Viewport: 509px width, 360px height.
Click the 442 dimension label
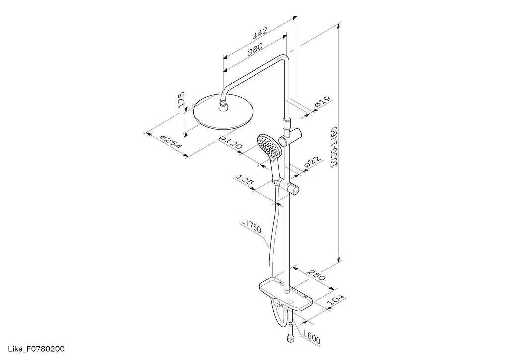(x=260, y=33)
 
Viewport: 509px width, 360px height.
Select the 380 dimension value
(x=255, y=50)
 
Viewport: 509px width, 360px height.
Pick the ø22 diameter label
(x=312, y=162)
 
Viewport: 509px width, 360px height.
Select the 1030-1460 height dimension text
(x=334, y=147)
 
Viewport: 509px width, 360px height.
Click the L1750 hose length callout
(x=251, y=225)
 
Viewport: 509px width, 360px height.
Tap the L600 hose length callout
(x=312, y=336)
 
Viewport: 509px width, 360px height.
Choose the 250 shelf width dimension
(x=317, y=274)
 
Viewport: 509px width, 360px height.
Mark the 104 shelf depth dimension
(x=335, y=299)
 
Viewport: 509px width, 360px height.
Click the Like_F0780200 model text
(x=36, y=349)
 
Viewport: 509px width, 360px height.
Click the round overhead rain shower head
(x=223, y=112)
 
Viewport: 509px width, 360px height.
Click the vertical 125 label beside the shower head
(x=181, y=99)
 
